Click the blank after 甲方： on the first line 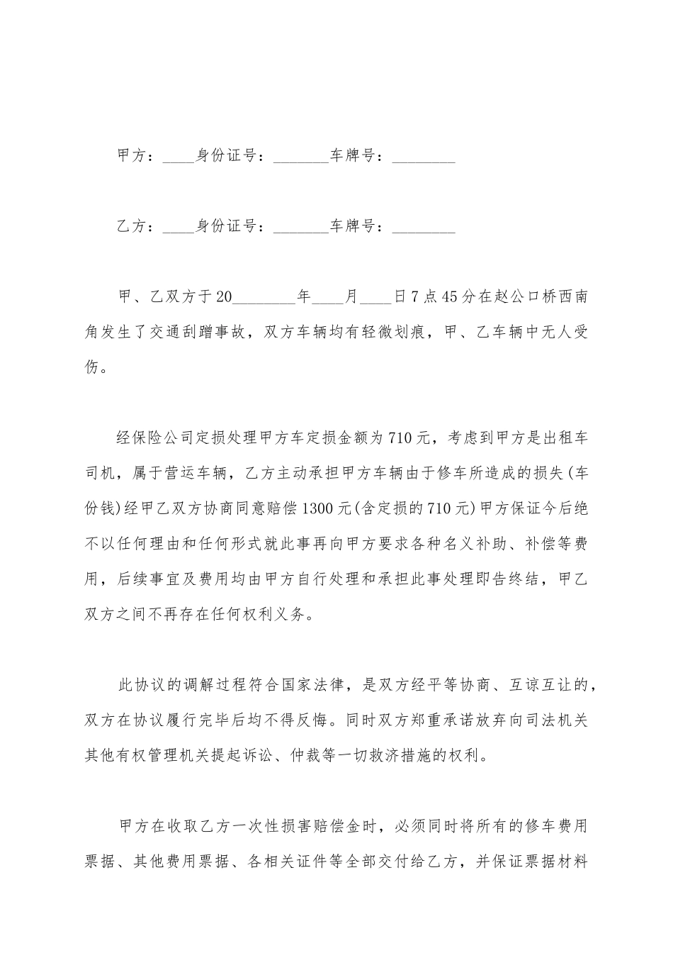click(178, 157)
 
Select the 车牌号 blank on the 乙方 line click(423, 228)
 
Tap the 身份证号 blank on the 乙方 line click(300, 228)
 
